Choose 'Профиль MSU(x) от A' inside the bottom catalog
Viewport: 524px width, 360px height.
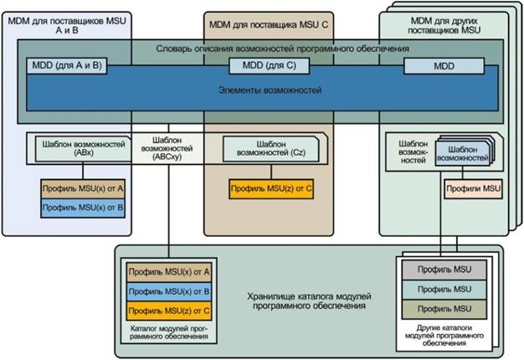point(169,272)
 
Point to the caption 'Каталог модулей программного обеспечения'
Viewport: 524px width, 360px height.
point(170,335)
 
